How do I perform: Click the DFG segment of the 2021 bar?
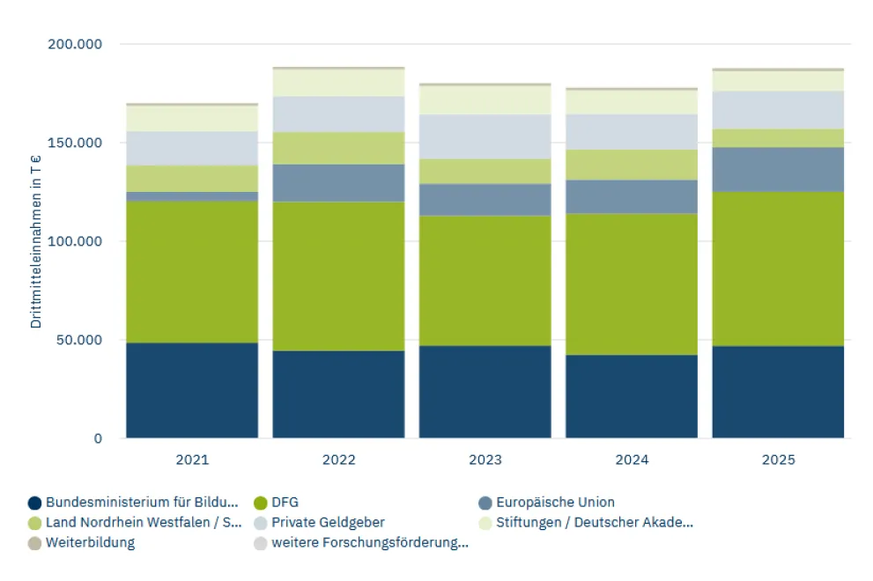click(192, 272)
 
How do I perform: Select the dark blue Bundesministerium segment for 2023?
click(485, 392)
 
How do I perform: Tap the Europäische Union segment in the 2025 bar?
click(778, 169)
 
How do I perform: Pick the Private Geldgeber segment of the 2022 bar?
click(338, 114)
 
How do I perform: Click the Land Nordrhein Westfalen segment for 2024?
click(632, 165)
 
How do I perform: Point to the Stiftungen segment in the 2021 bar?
click(192, 119)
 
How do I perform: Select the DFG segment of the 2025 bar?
click(778, 268)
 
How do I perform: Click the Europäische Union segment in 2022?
click(338, 183)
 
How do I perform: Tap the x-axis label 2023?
click(485, 460)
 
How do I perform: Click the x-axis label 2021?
click(192, 460)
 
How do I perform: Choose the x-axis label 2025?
click(778, 460)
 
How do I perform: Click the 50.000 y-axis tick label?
click(77, 340)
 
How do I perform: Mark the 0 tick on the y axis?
click(99, 438)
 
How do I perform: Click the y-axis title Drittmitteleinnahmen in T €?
click(36, 239)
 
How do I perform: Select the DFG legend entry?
click(285, 503)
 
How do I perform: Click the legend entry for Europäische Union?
click(554, 503)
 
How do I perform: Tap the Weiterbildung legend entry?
click(90, 542)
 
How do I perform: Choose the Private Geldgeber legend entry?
click(328, 523)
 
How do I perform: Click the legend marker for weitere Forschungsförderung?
click(260, 543)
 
